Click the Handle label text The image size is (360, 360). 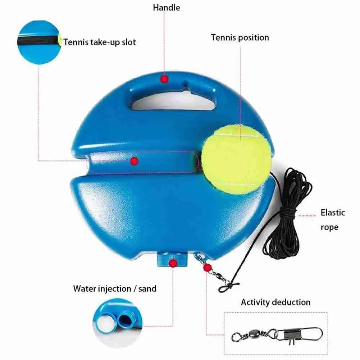click(167, 8)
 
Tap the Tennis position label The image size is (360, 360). click(240, 38)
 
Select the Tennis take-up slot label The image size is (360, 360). click(100, 42)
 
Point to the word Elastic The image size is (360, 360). click(333, 213)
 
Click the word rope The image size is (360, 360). click(329, 227)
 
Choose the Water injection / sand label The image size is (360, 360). click(115, 288)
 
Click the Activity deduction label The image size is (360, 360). click(276, 302)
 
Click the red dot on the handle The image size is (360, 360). click(164, 79)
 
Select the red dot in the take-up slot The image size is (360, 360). click(134, 161)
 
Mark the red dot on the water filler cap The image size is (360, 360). click(173, 263)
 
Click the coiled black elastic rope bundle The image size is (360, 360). click(287, 214)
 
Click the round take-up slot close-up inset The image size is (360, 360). click(40, 42)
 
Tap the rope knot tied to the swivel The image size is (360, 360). click(227, 287)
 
